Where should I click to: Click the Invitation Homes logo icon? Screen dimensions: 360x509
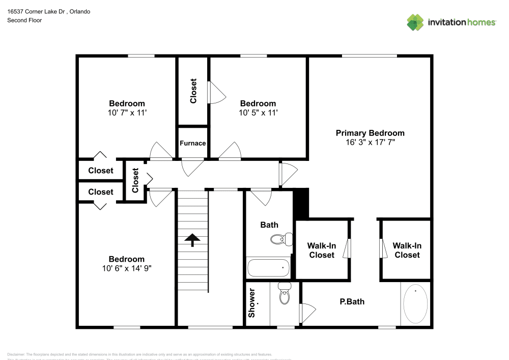click(415, 22)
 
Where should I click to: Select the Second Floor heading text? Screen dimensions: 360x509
click(24, 20)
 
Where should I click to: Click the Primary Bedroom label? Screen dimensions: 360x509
click(370, 133)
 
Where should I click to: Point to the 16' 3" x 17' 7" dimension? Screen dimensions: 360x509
click(370, 143)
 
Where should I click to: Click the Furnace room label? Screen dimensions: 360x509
click(193, 143)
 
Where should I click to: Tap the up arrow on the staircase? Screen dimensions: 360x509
click(192, 240)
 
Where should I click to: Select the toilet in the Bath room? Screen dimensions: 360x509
click(281, 238)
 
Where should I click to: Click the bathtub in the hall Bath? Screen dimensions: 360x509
click(268, 267)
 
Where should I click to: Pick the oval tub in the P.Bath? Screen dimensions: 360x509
click(416, 304)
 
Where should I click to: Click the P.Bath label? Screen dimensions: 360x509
click(352, 301)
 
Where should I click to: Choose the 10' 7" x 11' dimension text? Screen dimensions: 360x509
click(128, 113)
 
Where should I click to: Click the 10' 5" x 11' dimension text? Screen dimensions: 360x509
click(258, 113)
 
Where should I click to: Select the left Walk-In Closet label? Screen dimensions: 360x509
click(322, 250)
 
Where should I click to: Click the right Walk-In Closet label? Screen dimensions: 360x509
click(407, 250)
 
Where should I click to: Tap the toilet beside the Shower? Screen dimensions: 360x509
click(284, 294)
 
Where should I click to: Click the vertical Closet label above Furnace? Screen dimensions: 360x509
click(193, 91)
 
